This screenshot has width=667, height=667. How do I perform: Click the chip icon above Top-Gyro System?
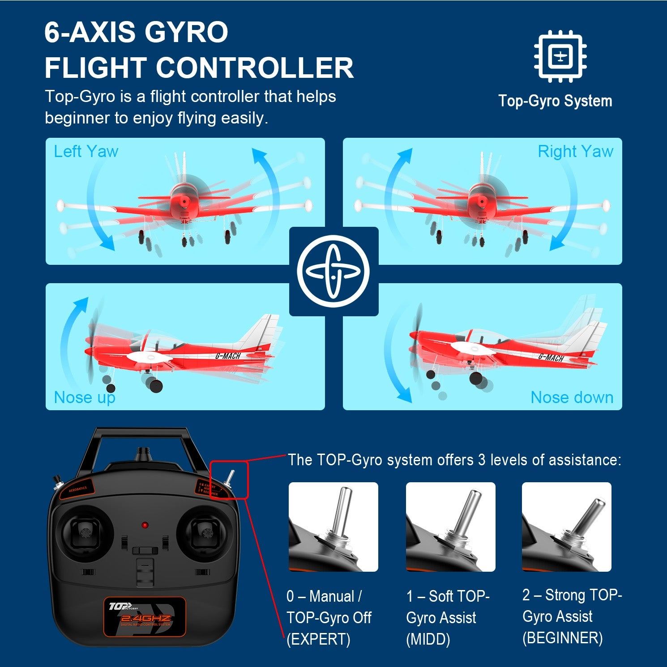560,56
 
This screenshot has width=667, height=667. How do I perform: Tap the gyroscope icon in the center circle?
333,271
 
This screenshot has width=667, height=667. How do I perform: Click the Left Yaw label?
86,152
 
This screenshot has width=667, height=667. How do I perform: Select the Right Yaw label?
575,152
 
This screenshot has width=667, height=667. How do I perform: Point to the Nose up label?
85,397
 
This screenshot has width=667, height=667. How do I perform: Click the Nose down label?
572,397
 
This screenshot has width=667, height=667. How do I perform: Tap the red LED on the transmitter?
145,525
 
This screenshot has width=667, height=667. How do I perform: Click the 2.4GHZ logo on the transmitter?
145,618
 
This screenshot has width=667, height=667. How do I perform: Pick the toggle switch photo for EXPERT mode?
333,527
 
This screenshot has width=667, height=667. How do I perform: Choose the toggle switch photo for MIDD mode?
450,527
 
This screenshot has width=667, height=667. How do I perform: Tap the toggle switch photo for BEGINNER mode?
566,527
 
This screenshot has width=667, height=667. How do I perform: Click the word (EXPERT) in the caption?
318,639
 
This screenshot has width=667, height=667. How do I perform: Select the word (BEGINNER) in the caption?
562,638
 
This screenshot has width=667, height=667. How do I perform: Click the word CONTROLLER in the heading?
254,68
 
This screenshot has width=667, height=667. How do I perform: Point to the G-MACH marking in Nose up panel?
228,356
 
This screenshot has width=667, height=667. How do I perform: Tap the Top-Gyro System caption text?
555,101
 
